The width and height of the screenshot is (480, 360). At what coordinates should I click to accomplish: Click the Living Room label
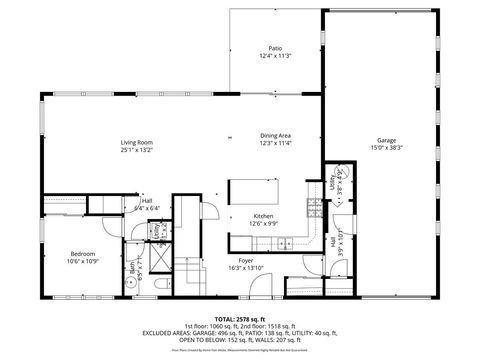(x=136, y=143)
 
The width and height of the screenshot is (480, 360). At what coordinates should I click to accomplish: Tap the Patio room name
(x=274, y=48)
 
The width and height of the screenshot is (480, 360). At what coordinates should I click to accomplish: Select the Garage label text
(x=386, y=140)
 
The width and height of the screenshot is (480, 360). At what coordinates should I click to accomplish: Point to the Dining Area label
(x=275, y=135)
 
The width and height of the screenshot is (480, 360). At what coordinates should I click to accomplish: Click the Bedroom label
(x=82, y=254)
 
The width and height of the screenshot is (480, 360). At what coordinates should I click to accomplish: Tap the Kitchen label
(x=263, y=216)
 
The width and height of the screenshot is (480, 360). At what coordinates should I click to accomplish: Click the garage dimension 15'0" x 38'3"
(x=386, y=148)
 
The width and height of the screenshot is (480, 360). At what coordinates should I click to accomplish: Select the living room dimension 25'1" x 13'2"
(x=136, y=151)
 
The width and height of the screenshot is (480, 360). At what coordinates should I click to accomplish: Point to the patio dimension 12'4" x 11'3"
(x=274, y=56)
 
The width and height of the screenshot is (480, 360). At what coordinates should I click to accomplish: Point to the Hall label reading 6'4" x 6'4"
(x=146, y=205)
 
